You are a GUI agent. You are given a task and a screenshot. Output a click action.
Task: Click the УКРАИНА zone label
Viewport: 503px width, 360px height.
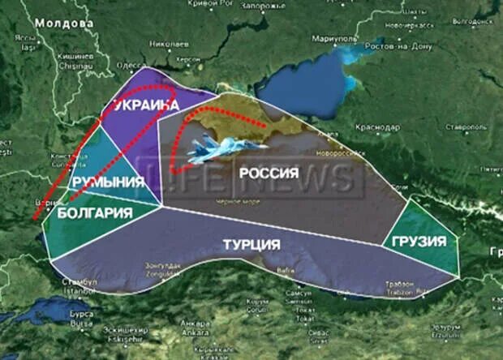145,105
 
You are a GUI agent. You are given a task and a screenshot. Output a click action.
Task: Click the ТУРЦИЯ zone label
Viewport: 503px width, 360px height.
251,244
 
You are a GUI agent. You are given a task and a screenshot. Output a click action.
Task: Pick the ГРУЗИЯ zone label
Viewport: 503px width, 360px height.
419,242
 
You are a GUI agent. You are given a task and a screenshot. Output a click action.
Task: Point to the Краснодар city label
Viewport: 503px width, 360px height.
377,127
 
